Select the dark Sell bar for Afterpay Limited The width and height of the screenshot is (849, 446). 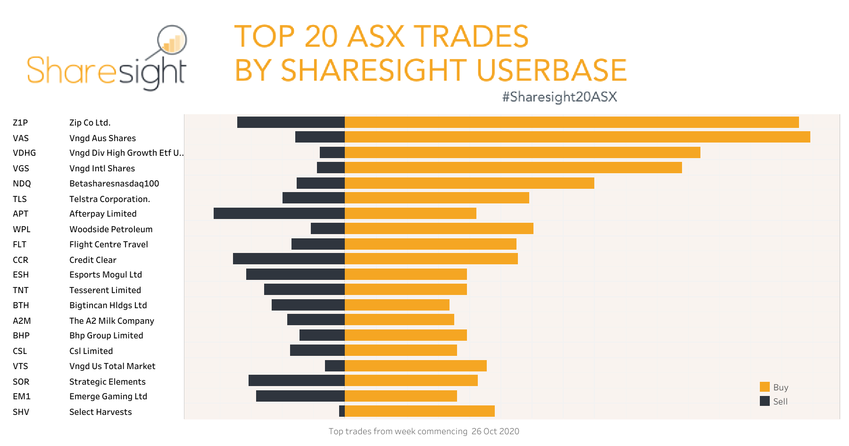coord(279,213)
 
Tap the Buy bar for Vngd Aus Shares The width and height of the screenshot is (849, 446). coord(577,137)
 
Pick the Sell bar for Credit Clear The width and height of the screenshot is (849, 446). coord(289,259)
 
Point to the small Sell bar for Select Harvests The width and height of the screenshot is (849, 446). coord(342,411)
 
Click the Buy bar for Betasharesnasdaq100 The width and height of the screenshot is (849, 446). coord(469,183)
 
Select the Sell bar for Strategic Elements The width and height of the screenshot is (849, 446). coord(297,380)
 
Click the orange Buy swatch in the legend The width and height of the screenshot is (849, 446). coord(765,387)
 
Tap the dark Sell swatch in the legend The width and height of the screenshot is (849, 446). coord(765,401)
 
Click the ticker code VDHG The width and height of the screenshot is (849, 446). coord(25,153)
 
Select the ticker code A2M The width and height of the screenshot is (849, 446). coord(22,321)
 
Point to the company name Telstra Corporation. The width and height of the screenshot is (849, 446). coord(109,199)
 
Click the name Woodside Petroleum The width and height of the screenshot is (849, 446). coord(111,229)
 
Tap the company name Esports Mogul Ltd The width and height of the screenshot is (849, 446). coord(106,275)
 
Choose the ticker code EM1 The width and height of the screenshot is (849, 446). coord(22,396)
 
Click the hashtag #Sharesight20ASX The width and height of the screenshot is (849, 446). coord(559,97)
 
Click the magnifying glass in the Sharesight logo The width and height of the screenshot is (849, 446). coord(172,40)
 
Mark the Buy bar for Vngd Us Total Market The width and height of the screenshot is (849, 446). coord(416,366)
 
